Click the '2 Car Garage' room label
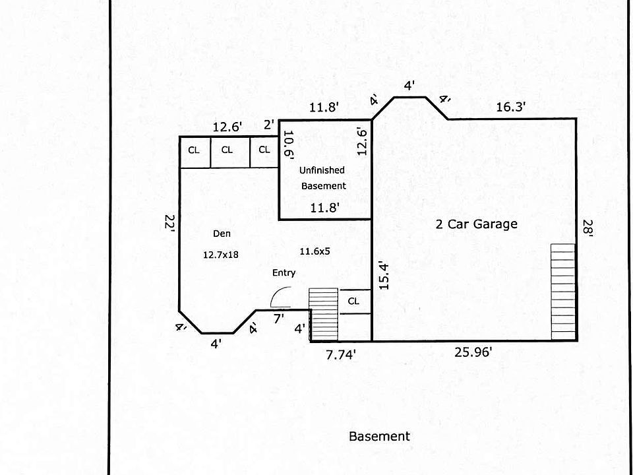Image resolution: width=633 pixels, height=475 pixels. pos(476,224)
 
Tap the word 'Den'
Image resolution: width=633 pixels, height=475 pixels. pos(222,234)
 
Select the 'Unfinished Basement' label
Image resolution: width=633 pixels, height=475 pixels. pos(323,178)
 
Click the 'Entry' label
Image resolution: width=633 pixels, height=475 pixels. pos(284,273)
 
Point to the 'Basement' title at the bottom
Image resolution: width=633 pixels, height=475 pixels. pos(380,436)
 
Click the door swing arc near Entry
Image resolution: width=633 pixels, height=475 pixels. pos(278,293)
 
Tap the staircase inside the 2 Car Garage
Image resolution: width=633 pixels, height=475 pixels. pos(563,292)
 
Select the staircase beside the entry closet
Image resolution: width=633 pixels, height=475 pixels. pos(323,314)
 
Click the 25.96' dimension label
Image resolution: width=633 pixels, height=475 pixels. pos(473,352)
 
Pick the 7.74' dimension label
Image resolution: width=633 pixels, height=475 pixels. pos(341,355)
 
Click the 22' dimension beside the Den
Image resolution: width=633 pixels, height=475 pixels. pos(169,223)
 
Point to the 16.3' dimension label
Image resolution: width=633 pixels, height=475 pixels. pos(510,107)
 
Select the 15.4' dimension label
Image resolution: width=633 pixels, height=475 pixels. pos(384,276)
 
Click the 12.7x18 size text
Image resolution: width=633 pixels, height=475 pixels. pos(221,255)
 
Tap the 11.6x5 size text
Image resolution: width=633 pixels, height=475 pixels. pos(315,251)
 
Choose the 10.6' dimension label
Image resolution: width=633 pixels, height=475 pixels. pos(289,145)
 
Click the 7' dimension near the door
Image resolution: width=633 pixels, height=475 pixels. pos(279,319)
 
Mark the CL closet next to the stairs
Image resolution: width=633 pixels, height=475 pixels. pos(353,301)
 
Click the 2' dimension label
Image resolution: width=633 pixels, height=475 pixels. pos(269,125)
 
